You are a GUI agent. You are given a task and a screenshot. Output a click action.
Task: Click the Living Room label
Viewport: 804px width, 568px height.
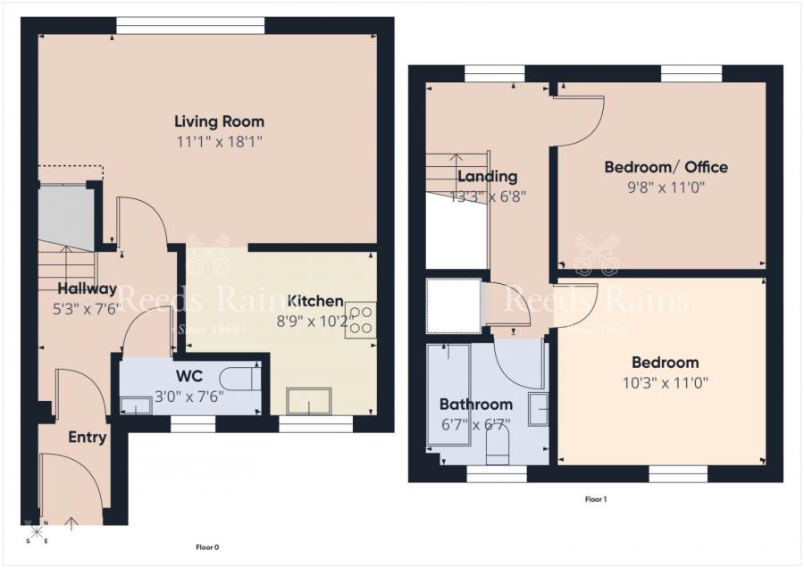coord(219,121)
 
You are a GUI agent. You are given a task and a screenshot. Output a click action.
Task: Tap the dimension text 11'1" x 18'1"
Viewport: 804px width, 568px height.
coord(219,141)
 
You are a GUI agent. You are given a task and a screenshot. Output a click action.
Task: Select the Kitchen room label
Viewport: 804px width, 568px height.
coord(315,300)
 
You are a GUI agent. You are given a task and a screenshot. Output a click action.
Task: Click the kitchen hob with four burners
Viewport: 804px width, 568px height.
coord(360,320)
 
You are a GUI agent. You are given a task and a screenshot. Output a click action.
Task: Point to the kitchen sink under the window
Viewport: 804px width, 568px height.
coord(308,401)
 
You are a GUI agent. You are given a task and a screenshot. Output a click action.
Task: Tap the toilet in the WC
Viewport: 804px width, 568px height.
coord(241,378)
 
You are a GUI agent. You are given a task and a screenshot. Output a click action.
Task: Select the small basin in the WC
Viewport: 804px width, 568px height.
coord(136,405)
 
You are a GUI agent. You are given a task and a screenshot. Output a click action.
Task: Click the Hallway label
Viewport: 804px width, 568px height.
coord(87,288)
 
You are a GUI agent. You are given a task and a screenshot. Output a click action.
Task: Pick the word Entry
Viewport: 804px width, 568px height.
coord(88,438)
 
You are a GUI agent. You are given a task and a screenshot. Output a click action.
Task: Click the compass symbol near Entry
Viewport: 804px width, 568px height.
coord(37,532)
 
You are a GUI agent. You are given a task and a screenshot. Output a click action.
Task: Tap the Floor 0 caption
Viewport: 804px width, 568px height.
coord(207,547)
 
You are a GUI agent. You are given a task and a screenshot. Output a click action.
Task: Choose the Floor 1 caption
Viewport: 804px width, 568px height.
coord(595,499)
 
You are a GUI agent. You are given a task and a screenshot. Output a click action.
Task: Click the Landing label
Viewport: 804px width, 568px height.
coord(487,176)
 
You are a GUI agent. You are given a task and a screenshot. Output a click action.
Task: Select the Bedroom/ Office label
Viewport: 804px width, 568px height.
coord(666,167)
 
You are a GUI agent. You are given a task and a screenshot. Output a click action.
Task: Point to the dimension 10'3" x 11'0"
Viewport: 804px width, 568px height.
coord(665,382)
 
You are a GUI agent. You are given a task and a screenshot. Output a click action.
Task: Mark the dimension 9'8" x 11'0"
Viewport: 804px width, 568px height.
coord(666,188)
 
